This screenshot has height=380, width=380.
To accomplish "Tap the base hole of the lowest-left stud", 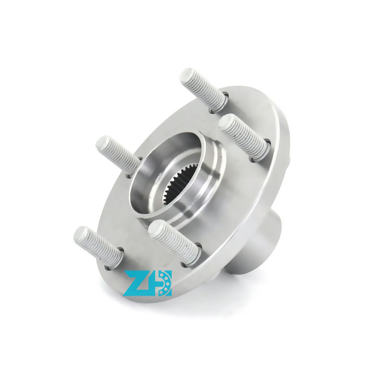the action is tap(115, 258).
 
